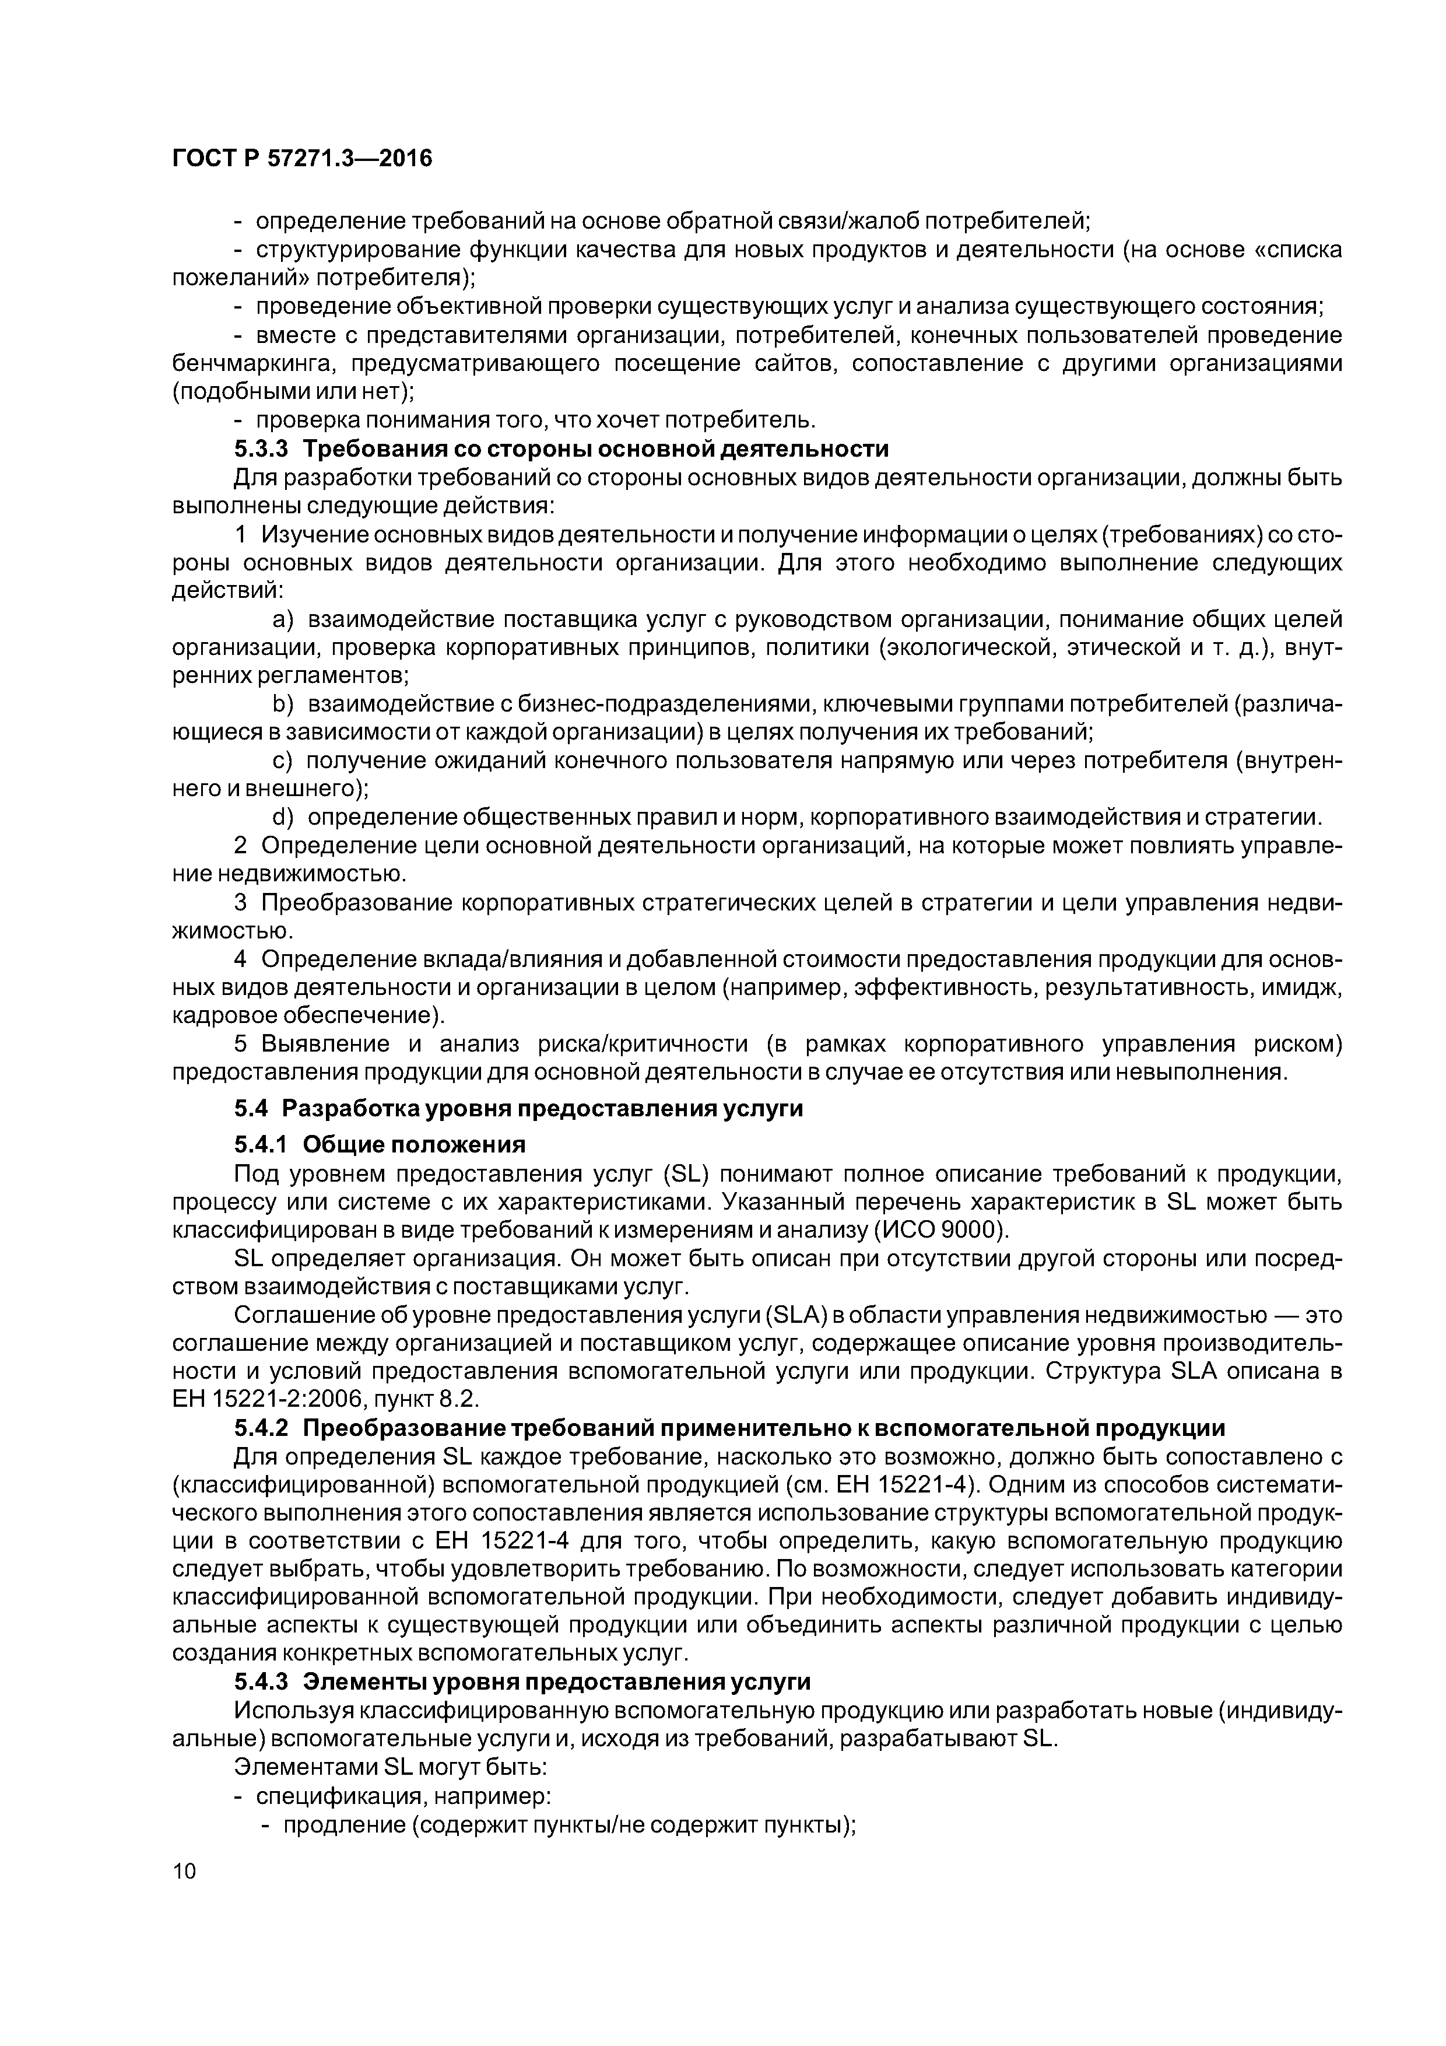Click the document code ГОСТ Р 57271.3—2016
(x=301, y=159)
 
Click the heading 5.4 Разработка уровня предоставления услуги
(x=518, y=1109)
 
